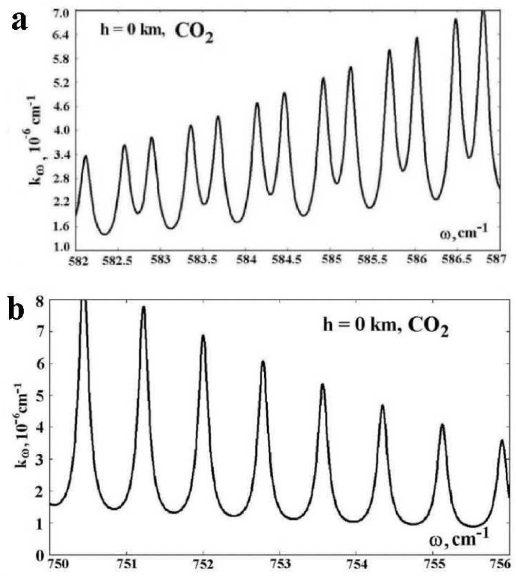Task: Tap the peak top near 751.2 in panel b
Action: [143, 307]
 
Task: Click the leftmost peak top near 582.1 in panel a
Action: [86, 156]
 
